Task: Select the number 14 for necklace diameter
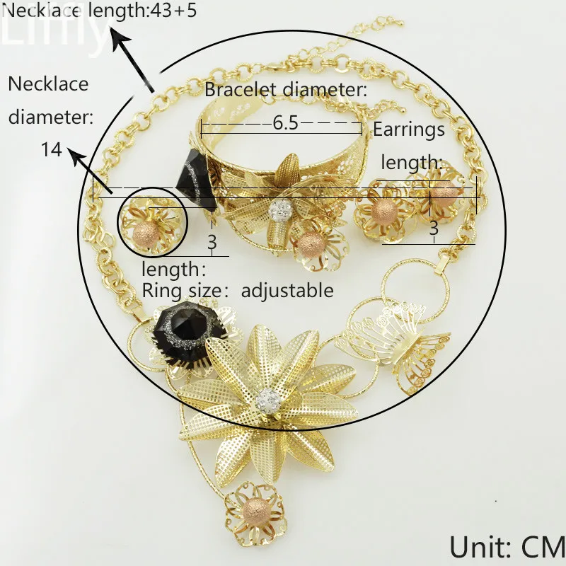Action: [50, 149]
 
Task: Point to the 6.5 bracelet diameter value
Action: [284, 123]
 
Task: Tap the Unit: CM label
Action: [506, 546]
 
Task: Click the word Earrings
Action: [409, 129]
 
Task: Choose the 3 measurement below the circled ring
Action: [211, 241]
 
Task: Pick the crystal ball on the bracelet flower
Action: [282, 210]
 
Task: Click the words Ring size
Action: [177, 290]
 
